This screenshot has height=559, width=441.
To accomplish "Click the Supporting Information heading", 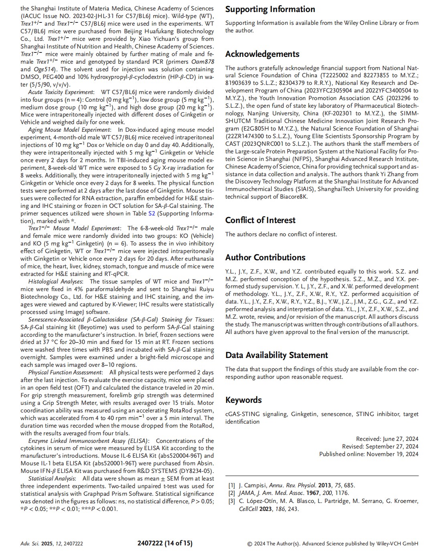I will [x=270, y=9].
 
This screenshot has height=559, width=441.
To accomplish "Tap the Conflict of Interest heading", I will [x=260, y=220].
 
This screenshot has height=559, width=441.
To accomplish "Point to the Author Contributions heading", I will [x=265, y=257].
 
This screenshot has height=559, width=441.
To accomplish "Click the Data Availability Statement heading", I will [x=277, y=355].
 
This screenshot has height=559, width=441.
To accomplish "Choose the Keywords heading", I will [x=243, y=400].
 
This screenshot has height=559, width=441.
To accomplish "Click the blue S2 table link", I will [x=152, y=213].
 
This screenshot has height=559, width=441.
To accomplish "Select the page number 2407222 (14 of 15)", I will [x=165, y=543].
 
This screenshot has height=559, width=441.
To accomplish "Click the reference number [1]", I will [x=231, y=485].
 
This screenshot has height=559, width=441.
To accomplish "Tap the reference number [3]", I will [x=231, y=501].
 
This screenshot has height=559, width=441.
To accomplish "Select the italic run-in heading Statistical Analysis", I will [x=52, y=479].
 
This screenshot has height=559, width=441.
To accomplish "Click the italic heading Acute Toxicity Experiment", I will [x=61, y=92].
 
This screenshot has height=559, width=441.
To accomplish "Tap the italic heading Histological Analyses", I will [x=55, y=282].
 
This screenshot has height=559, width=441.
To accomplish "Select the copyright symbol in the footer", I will [x=250, y=544].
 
